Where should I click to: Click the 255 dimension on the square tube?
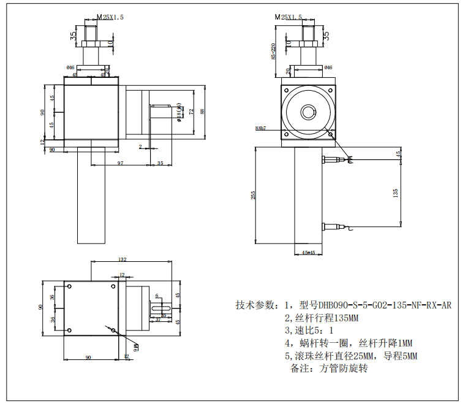pyautogui.click(x=253, y=194)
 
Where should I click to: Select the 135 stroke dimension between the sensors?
pyautogui.click(x=396, y=192)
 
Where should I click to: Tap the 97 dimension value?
pyautogui.click(x=120, y=163)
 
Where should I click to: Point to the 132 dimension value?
pyautogui.click(x=122, y=259)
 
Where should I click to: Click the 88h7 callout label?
pyautogui.click(x=260, y=128)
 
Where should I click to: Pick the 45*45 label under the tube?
pyautogui.click(x=309, y=253)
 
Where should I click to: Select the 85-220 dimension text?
pyautogui.click(x=273, y=52)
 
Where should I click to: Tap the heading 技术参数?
pyautogui.click(x=255, y=305)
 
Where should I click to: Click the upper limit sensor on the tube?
pyautogui.click(x=336, y=160)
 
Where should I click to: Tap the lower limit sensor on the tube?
pyautogui.click(x=336, y=226)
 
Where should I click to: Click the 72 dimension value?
pyautogui.click(x=191, y=112)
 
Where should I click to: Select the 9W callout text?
pyautogui.click(x=135, y=347)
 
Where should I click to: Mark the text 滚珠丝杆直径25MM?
pyautogui.click(x=329, y=356)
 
